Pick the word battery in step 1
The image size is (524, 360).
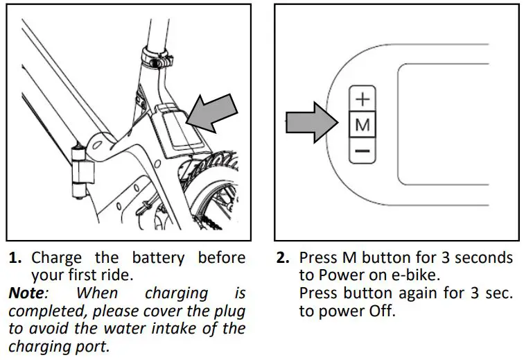tap(158, 258)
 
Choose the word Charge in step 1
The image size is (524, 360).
tap(55, 258)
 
